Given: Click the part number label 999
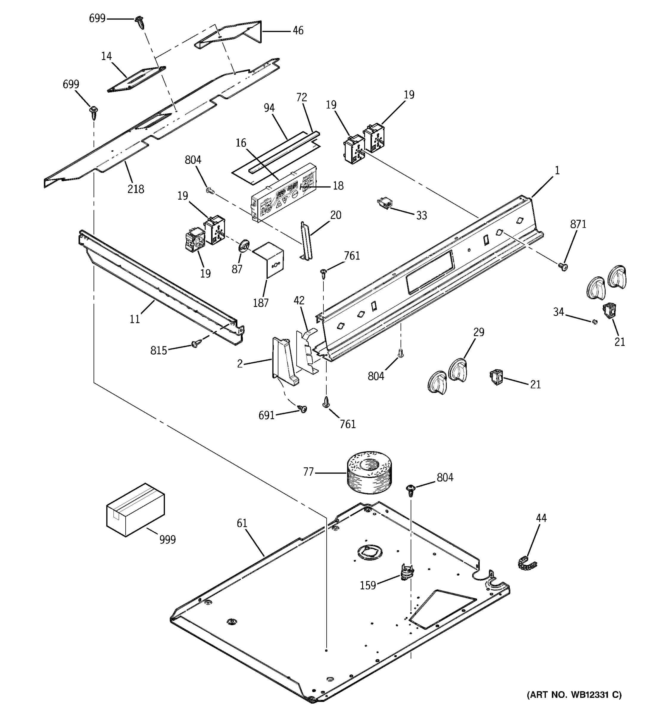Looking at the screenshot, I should tap(167, 539).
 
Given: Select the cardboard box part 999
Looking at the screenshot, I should tap(135, 510).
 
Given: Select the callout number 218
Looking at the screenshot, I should tap(135, 189).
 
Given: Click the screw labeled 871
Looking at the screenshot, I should tap(563, 267).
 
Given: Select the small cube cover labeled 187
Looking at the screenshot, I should tap(269, 259).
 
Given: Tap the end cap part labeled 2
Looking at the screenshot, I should tap(285, 361).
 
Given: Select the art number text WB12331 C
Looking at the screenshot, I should tap(574, 705).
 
